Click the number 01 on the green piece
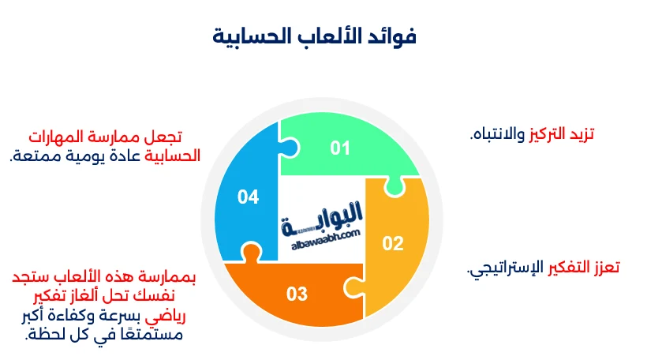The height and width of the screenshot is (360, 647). click(x=339, y=148)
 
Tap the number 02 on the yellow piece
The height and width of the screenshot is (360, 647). click(x=393, y=243)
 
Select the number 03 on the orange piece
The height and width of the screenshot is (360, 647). click(x=297, y=294)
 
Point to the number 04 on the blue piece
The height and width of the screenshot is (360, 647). click(x=248, y=197)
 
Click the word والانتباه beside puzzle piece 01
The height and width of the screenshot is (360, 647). click(x=496, y=134)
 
